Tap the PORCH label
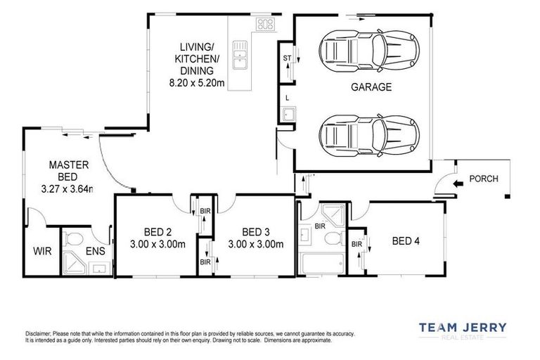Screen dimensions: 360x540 tap(483, 179)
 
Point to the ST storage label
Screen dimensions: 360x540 tap(286, 58)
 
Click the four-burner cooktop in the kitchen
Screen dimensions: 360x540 tap(265, 25)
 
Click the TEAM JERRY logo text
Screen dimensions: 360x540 tap(462, 328)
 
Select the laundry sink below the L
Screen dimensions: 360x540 tap(288, 115)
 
